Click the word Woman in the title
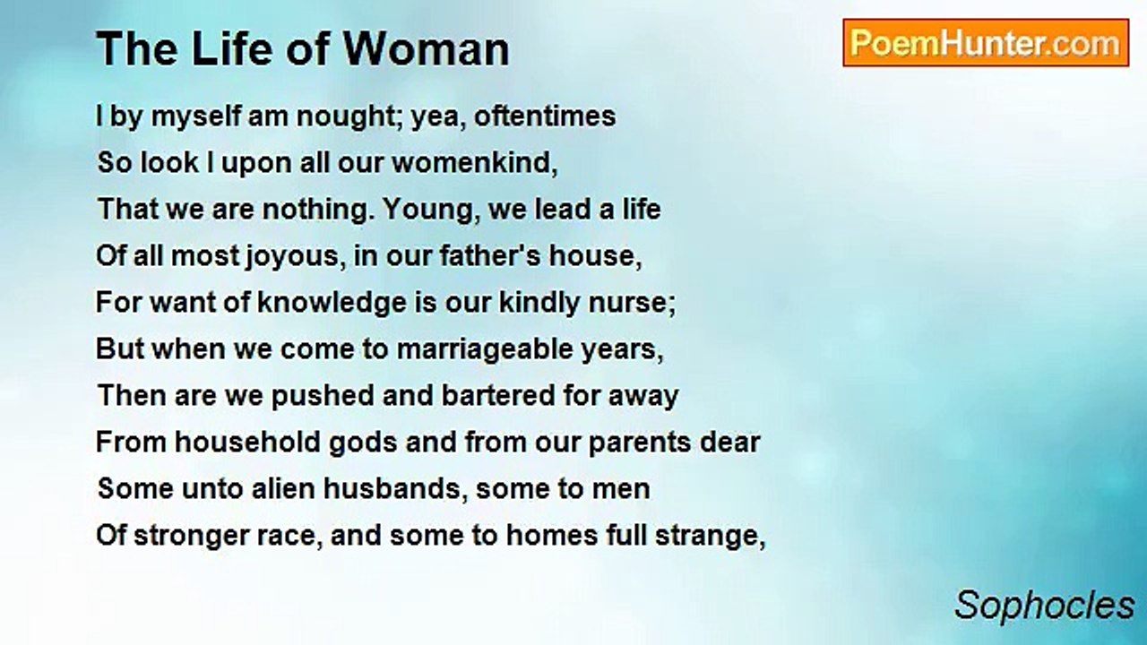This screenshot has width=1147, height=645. click(426, 49)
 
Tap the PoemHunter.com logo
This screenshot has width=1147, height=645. click(986, 43)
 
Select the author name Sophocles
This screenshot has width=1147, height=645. click(1045, 606)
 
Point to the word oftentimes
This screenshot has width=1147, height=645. click(545, 116)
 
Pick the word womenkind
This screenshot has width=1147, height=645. click(475, 163)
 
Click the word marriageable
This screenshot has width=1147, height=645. click(485, 349)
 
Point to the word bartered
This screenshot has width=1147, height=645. click(498, 396)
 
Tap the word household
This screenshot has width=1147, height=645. click(247, 442)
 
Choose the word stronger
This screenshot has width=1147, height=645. click(191, 536)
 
